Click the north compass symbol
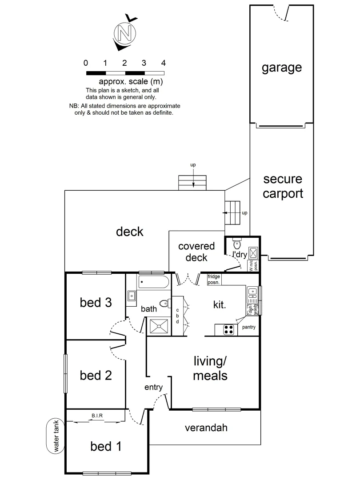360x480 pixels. point(125,32)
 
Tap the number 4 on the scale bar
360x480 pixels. point(164,63)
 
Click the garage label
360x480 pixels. point(281,68)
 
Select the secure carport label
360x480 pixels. point(283,187)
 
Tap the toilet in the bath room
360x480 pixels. point(164,304)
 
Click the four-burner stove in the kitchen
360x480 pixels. point(228,330)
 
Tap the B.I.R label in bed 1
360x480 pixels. point(98,416)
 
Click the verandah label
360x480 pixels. point(206,428)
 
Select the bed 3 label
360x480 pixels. point(95,303)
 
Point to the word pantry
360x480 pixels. point(248,328)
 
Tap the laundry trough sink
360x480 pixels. point(253,253)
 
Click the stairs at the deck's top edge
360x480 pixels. point(192,182)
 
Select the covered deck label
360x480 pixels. point(196,252)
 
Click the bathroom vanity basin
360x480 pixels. point(132,296)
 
